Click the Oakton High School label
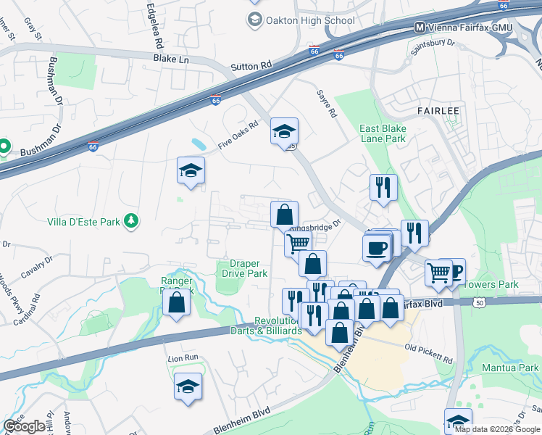click(x=311, y=20)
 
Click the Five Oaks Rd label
click(x=238, y=136)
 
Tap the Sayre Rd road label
click(x=328, y=104)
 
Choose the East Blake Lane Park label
click(x=383, y=133)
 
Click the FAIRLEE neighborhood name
click(x=438, y=110)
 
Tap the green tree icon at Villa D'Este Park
click(x=131, y=220)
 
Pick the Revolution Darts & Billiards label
click(x=278, y=326)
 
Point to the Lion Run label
click(x=183, y=358)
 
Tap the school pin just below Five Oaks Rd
click(x=191, y=171)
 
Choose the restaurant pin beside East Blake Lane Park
click(x=383, y=187)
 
